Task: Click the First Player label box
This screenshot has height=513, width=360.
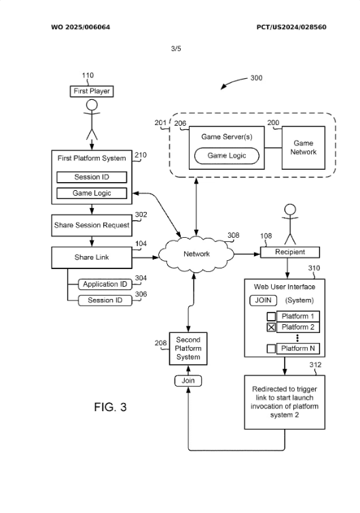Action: pos(92,91)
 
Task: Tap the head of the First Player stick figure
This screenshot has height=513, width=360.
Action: pos(92,105)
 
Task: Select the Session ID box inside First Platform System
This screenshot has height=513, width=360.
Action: pos(92,177)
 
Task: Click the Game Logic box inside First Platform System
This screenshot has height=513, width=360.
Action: pos(92,193)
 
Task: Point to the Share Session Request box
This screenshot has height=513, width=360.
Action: pos(92,226)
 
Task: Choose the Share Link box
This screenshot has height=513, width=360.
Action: pos(92,258)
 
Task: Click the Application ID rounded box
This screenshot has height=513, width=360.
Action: pos(105,284)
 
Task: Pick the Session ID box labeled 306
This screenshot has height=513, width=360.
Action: pos(105,300)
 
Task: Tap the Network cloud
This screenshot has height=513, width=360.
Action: pos(196,254)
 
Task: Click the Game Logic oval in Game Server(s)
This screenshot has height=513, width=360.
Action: pos(227,156)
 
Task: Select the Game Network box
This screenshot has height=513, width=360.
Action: pos(304,147)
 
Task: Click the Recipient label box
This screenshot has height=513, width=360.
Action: pos(290,252)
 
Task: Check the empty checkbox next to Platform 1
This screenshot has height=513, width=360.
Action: pos(272,317)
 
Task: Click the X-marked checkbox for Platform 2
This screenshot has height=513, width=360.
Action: pos(272,328)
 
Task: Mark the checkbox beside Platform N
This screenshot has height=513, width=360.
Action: pos(272,349)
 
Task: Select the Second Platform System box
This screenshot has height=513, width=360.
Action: pos(188,349)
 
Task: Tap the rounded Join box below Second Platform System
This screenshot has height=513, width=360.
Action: pos(188,381)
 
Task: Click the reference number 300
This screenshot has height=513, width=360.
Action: pos(256,78)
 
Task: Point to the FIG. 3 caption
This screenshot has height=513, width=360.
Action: pos(110,407)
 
